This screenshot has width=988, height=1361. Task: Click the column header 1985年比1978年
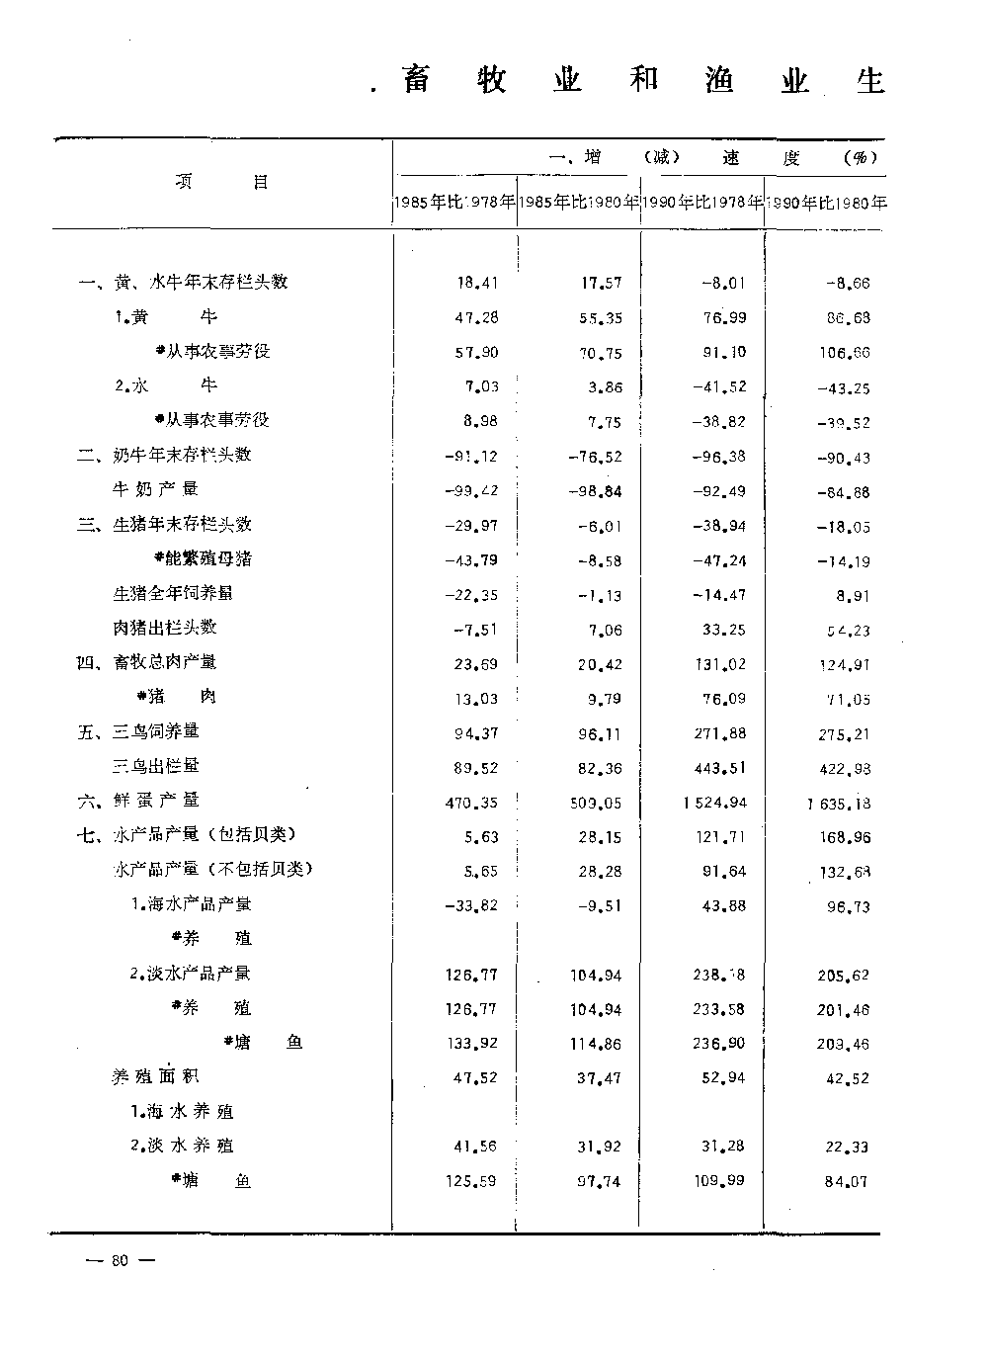[x=454, y=204]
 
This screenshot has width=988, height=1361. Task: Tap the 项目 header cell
[x=221, y=182]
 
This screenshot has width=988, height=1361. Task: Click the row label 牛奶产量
[x=155, y=489]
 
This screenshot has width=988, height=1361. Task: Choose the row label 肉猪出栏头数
[x=164, y=628]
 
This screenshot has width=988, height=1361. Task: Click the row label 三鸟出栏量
[x=155, y=766]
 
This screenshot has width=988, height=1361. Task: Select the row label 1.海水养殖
[x=182, y=1112]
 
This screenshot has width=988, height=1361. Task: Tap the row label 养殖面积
[x=155, y=1077]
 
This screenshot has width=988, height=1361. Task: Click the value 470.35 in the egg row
[x=472, y=803]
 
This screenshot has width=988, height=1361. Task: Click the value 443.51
[x=720, y=767]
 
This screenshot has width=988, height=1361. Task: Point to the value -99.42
[x=472, y=491]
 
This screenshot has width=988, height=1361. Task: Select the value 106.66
[x=845, y=353]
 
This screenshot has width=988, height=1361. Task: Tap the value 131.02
[x=720, y=664]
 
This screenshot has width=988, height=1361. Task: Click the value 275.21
[x=845, y=733]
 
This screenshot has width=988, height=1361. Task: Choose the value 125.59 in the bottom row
[x=472, y=1181]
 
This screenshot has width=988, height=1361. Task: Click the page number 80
[x=121, y=1260]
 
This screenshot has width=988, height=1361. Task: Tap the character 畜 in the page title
[x=417, y=79]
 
